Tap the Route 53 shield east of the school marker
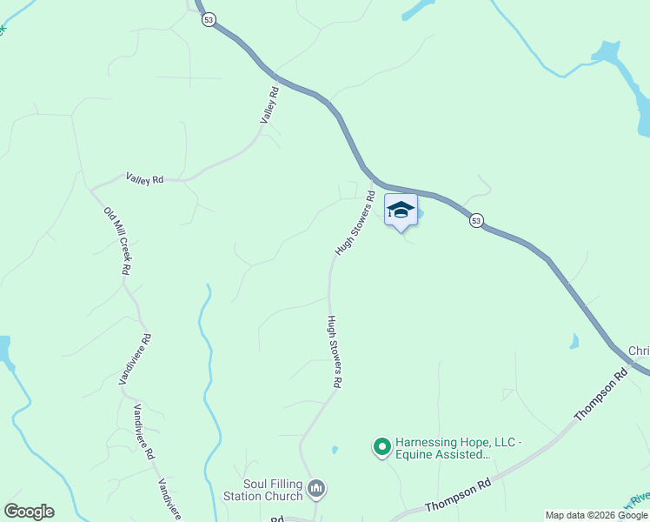476,221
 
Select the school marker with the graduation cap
400,211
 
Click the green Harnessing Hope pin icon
381,447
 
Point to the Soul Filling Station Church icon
316,489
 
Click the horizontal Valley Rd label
144,178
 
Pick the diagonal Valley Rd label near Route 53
272,104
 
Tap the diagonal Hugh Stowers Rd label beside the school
355,223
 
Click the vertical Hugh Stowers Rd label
334,351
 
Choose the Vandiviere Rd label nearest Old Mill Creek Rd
135,358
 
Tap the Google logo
29,512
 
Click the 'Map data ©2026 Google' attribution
596,515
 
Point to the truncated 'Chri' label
639,351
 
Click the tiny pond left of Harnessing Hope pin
335,450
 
